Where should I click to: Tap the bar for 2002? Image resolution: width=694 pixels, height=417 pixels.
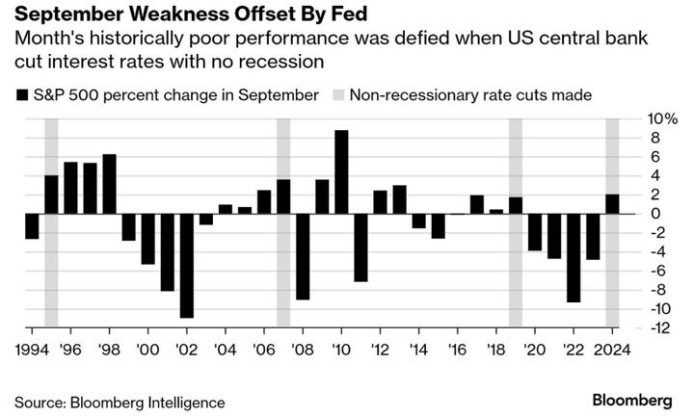(x=186, y=265)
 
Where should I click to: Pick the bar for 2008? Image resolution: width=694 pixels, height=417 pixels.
(x=303, y=256)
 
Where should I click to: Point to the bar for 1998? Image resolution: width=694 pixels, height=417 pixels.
(x=109, y=183)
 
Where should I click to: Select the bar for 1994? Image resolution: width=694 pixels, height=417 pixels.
(x=32, y=225)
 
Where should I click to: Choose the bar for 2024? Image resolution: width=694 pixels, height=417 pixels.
(x=612, y=203)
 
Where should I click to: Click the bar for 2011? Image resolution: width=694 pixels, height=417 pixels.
(x=360, y=247)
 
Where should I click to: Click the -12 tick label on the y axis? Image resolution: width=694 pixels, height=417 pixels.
(x=634, y=327)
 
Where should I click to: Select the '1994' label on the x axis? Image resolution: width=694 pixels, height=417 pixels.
(x=32, y=349)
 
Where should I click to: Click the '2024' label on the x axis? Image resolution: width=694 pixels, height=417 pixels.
(x=612, y=349)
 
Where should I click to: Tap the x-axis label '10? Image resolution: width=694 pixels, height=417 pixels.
(x=341, y=349)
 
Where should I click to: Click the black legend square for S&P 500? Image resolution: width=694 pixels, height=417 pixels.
(x=21, y=94)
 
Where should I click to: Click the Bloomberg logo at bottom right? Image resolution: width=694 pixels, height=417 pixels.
(x=632, y=400)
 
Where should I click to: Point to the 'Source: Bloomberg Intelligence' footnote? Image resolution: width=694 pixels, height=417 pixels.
(x=120, y=401)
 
